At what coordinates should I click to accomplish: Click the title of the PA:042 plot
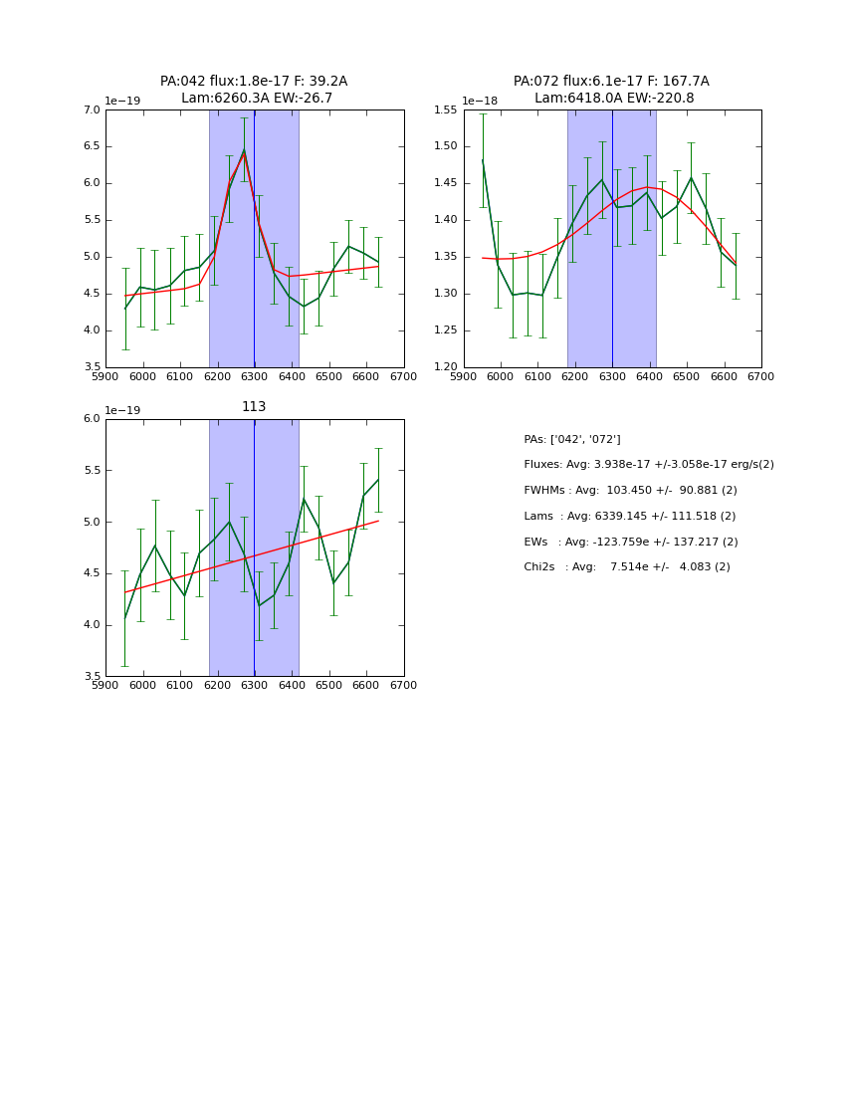click(254, 90)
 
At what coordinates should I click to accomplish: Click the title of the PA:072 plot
click(611, 90)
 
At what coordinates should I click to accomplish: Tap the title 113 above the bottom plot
click(254, 407)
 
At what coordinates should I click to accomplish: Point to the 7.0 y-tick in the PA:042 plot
click(92, 110)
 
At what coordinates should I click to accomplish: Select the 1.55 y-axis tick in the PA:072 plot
click(447, 110)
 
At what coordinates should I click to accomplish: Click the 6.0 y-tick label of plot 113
click(92, 419)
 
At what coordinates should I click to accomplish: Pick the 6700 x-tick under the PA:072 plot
click(761, 376)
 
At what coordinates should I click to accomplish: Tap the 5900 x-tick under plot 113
click(106, 685)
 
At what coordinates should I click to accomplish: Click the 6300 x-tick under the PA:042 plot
click(254, 376)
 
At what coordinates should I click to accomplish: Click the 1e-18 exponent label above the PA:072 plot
click(479, 101)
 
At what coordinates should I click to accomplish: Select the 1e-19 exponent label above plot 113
click(122, 410)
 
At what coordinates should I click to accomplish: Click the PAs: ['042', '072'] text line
click(571, 439)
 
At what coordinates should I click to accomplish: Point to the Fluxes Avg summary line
click(648, 465)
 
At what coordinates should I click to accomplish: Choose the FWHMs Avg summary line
click(630, 491)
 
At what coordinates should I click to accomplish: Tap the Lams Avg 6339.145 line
click(629, 517)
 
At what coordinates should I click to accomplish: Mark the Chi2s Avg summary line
click(626, 567)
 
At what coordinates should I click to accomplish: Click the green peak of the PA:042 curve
click(244, 150)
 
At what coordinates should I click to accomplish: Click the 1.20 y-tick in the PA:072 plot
click(447, 367)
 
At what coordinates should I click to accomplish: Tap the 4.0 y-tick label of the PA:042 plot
click(92, 330)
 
